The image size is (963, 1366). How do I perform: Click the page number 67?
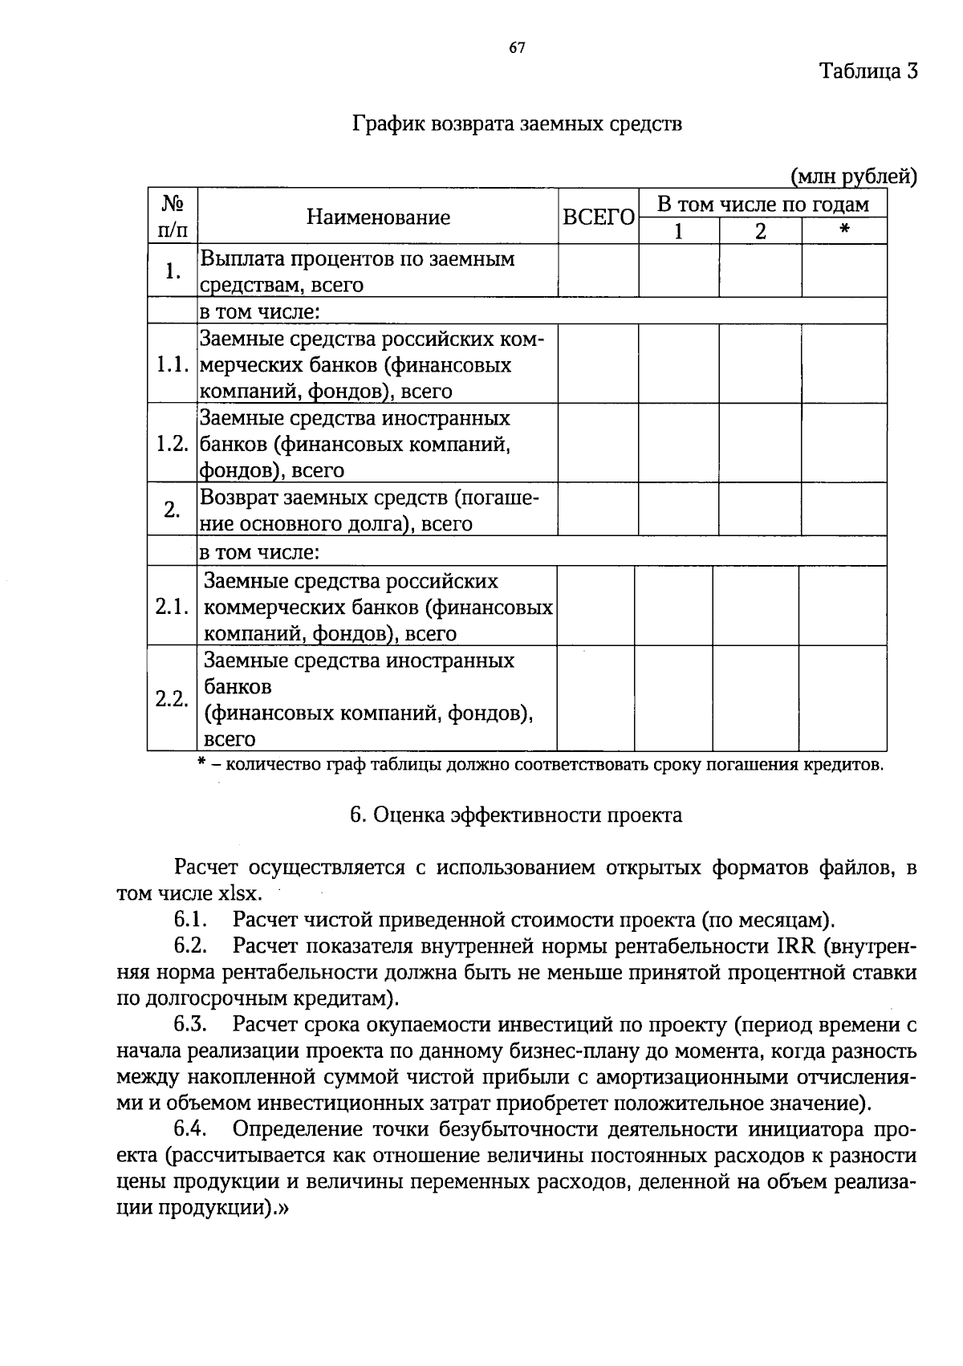517,48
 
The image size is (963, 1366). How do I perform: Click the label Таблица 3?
868,71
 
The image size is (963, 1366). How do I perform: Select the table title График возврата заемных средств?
517,124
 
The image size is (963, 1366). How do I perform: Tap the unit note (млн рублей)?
854,176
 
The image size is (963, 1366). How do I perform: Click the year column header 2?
760,232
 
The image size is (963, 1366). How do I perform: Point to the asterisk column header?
844,232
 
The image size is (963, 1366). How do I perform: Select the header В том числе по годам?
762,204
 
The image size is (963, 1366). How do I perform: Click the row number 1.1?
172,365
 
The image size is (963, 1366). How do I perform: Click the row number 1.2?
172,444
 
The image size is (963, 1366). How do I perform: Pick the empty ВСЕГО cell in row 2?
598,510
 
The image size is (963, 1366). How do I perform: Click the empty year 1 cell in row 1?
679,271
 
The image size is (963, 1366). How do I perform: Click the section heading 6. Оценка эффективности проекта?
517,815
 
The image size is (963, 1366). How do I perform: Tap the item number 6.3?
191,1024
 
